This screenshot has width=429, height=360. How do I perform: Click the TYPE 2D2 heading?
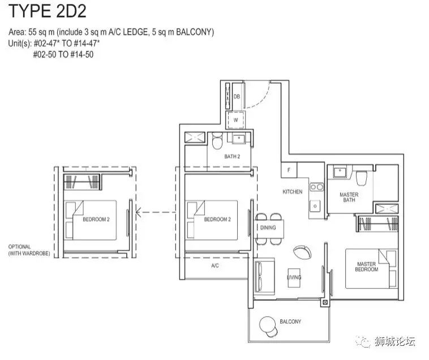(x=48, y=11)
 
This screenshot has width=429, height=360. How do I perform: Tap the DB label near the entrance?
(x=237, y=97)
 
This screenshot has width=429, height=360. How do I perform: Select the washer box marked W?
(x=235, y=120)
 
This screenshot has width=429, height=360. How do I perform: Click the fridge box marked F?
(x=289, y=170)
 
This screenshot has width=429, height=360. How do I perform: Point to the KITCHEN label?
(x=292, y=192)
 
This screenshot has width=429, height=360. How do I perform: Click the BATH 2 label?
(x=232, y=156)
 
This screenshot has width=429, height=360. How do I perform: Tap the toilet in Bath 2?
(x=217, y=141)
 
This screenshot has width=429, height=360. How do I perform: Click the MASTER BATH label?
(x=349, y=197)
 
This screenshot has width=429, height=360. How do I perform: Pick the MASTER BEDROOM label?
(x=366, y=267)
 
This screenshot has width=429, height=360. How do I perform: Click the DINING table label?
(x=268, y=228)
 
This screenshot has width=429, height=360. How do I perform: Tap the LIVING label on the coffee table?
(x=294, y=277)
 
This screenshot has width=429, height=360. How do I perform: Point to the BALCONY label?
(x=290, y=322)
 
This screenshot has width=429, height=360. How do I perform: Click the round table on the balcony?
(x=267, y=324)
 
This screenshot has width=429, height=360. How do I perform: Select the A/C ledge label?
(x=215, y=265)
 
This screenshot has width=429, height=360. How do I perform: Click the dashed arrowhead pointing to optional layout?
(x=139, y=212)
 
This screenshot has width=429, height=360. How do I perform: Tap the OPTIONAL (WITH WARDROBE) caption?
(x=29, y=250)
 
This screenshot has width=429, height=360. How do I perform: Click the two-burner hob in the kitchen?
(x=316, y=187)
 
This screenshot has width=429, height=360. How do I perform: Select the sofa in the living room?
(x=264, y=277)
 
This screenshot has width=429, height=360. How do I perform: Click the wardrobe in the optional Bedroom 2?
(x=83, y=182)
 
